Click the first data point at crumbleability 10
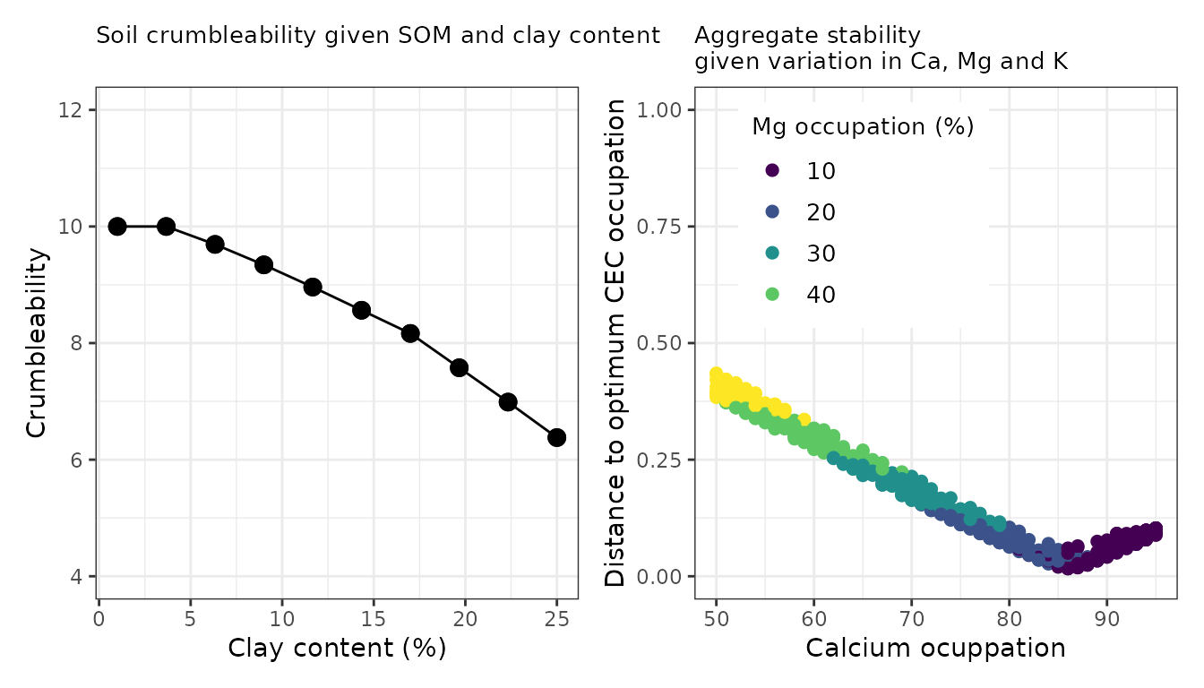pos(117,226)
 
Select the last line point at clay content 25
pos(556,437)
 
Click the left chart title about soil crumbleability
pos(377,36)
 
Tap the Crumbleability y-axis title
pos(36,343)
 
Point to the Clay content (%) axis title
pos(337,648)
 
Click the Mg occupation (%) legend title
pos(862,127)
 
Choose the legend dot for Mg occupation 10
pos(773,170)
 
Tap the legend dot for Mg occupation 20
pos(773,212)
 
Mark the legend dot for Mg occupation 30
pos(773,254)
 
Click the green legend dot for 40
pos(773,294)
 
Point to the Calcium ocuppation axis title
pos(935,648)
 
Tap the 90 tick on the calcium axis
pos(1106,618)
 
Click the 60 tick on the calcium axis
pos(813,618)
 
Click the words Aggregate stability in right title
pos(806,36)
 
